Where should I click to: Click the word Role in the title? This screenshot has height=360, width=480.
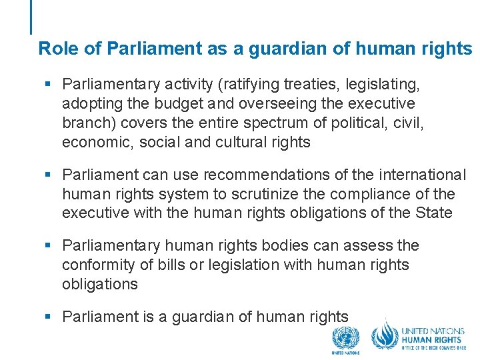point(53,49)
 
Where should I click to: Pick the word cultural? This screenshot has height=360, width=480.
point(245,143)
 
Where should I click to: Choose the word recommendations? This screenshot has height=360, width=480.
point(276,175)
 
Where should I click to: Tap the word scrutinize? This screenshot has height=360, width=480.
point(242,194)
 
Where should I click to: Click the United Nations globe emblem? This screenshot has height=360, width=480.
point(345,338)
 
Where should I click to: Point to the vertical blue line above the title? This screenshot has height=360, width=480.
point(31,17)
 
